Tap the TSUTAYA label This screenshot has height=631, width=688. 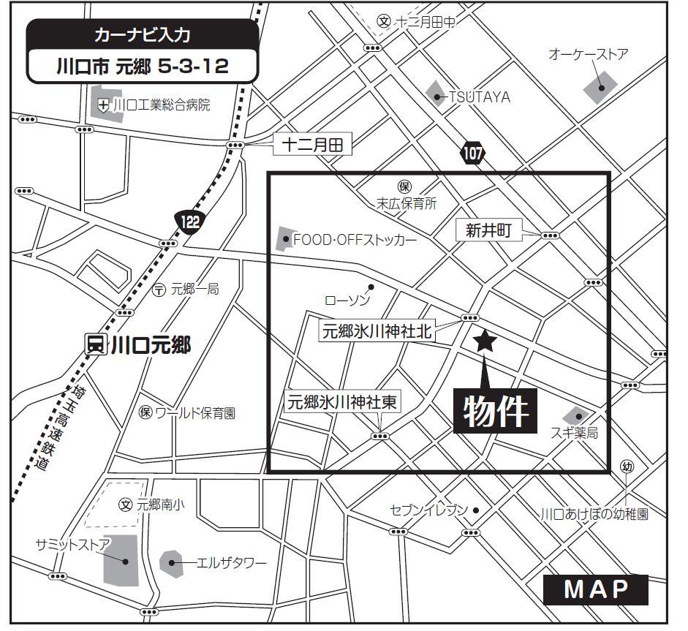[479, 97]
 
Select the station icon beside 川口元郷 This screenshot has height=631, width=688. [94, 344]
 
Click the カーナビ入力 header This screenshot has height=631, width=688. [143, 35]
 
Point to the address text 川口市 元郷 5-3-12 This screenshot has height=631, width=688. [143, 67]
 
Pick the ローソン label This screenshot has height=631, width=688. [348, 301]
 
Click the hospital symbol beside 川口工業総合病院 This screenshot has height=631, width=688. [104, 105]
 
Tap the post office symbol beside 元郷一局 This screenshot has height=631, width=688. [159, 290]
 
